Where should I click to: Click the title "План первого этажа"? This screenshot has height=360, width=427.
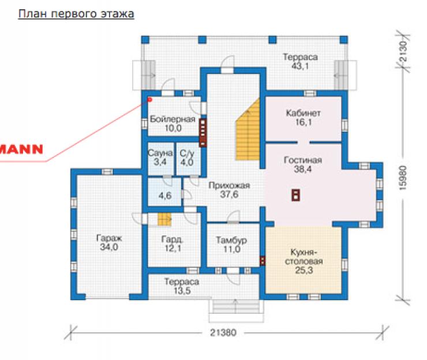click(76, 14)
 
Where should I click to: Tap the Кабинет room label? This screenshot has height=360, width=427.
click(303, 113)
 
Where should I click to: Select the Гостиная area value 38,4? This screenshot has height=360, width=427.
click(302, 170)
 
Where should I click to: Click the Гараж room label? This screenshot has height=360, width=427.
click(109, 238)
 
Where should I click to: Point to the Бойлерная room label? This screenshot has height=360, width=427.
click(173, 119)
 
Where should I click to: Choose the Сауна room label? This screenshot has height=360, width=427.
click(160, 153)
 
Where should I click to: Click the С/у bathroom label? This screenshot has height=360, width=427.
click(187, 153)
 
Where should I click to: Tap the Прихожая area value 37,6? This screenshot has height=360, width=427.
click(229, 194)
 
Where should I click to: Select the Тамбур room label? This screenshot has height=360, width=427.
click(231, 240)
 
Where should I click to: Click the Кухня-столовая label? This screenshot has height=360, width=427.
click(304, 257)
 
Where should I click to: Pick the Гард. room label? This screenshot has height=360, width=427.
click(173, 239)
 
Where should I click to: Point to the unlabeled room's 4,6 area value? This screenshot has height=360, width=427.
click(165, 196)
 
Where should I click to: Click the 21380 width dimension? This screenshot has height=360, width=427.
click(223, 332)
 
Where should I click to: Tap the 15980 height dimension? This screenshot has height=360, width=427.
click(403, 178)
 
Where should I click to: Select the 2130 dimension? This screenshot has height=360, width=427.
click(403, 51)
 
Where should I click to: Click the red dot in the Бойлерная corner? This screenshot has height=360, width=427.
click(149, 100)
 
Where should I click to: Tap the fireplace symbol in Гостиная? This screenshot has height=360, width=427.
click(296, 194)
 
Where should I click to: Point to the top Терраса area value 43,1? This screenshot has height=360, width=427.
click(300, 66)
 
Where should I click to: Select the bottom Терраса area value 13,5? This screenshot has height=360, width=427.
click(182, 291)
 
